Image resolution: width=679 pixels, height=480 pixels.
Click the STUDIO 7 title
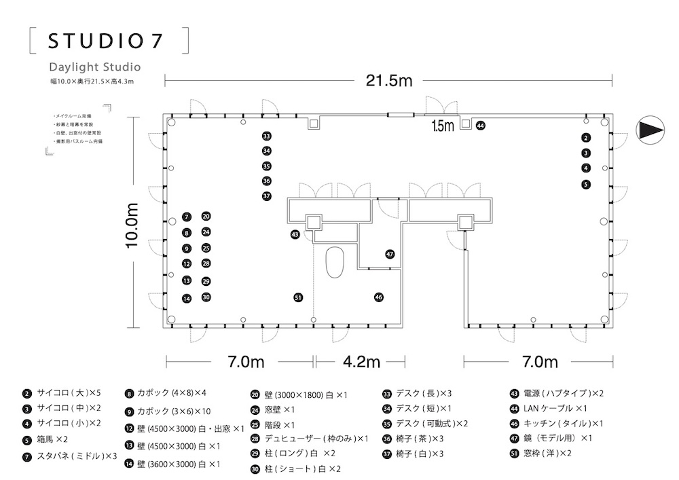105,41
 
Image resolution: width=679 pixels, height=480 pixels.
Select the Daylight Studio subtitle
94,67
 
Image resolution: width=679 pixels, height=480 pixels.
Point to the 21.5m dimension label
389,81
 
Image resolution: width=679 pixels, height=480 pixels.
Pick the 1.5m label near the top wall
443,126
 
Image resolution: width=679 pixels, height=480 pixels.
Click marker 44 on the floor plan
481,126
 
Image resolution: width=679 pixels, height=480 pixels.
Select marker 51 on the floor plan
297,297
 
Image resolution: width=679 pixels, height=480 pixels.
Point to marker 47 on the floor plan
390,254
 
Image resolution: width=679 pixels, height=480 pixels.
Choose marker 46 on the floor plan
379,297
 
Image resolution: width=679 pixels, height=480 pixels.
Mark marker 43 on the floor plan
295,234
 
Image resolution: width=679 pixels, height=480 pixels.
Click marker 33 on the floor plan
266,136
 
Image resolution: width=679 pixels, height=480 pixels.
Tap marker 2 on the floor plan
586,138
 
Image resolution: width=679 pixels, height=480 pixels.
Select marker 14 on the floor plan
187,298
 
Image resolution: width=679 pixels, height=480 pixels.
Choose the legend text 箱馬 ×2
52,440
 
